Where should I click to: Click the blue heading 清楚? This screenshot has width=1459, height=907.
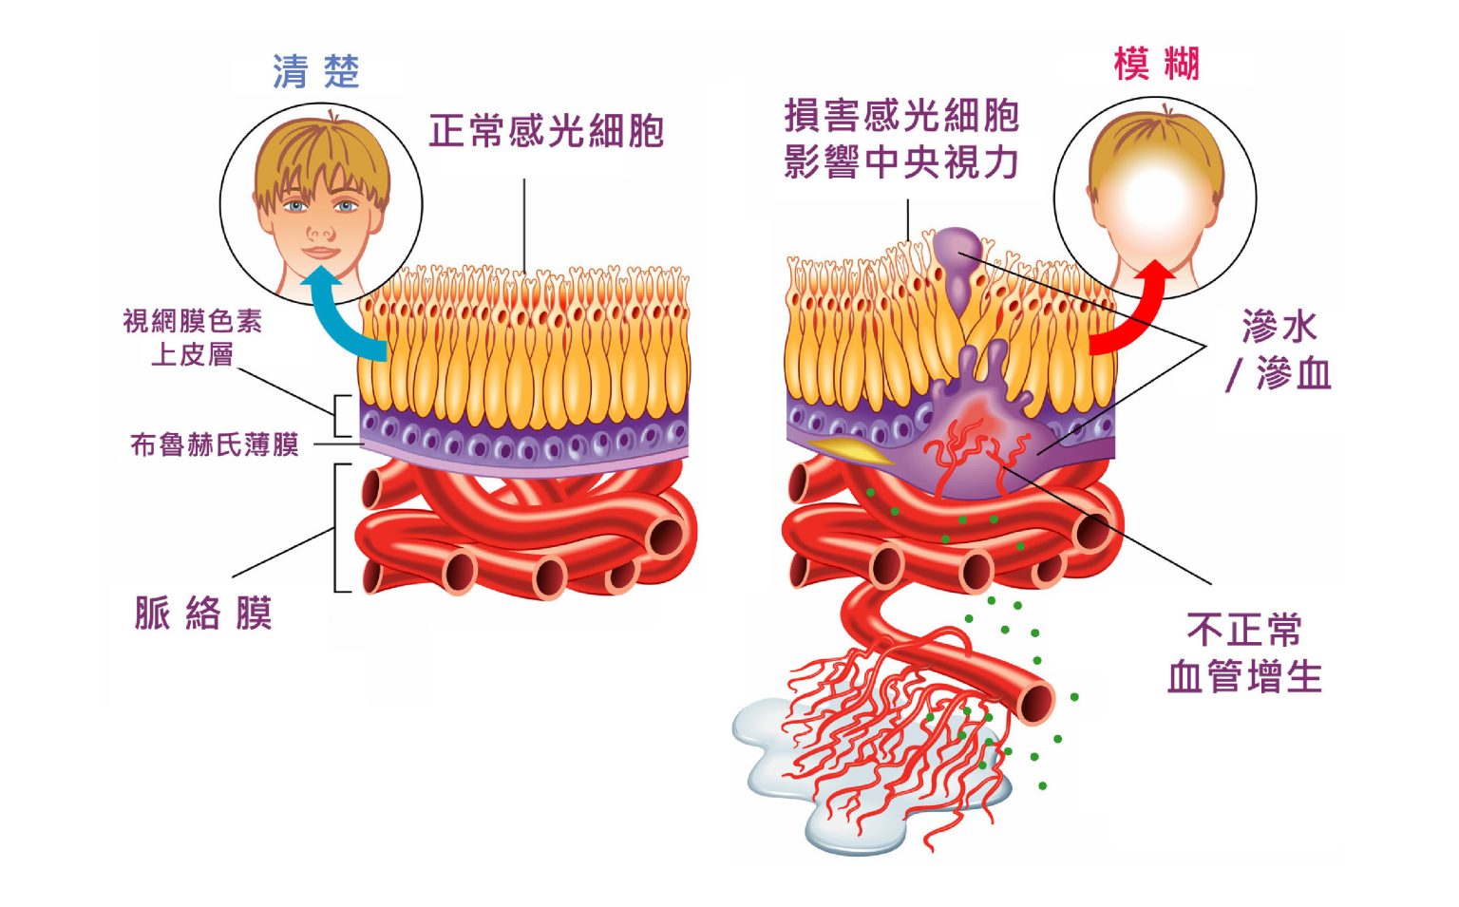tap(315, 72)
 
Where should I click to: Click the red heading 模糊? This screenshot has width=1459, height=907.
tap(1156, 65)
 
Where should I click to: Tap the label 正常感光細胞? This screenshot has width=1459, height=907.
tap(546, 132)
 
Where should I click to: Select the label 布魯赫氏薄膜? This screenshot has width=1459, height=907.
tap(215, 444)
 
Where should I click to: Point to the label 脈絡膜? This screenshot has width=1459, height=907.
tap(203, 614)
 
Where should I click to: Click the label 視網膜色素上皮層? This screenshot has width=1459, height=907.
tap(193, 337)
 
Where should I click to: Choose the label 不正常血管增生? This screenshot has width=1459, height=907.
tap(1244, 653)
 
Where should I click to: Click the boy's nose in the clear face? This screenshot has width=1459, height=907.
tap(320, 231)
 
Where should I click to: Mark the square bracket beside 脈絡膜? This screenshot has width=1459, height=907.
tap(338, 528)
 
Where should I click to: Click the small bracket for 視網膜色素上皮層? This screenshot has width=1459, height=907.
tap(340, 416)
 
